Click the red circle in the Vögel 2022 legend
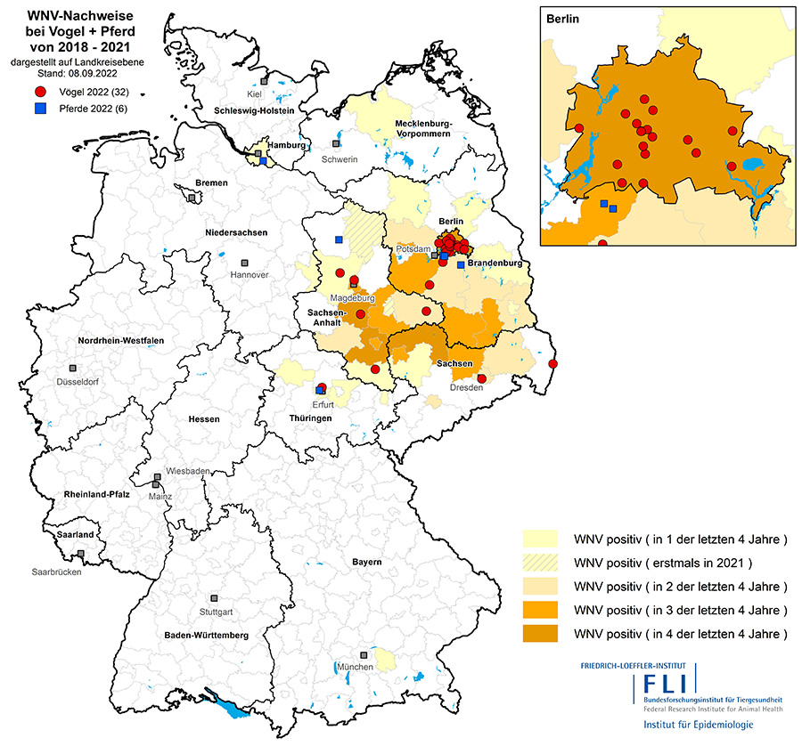[40, 93]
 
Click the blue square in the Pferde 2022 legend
[40, 109]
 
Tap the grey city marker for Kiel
[265, 81]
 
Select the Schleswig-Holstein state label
[254, 110]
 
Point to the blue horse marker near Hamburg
[264, 162]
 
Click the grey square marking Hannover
[245, 264]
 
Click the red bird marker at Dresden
[481, 379]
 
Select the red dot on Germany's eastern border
[552, 363]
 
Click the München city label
[355, 667]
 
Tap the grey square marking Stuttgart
[214, 599]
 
